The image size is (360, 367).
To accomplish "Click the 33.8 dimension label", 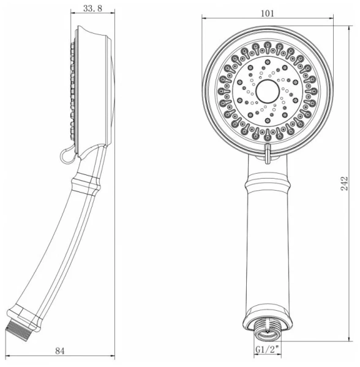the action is (92, 9).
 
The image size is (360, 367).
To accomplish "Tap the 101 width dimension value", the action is (268, 13).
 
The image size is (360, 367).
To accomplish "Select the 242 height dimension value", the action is (344, 183).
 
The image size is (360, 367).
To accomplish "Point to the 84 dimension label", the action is (60, 350).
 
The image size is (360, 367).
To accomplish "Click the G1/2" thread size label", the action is (268, 349).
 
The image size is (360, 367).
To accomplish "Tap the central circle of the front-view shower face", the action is (268, 91).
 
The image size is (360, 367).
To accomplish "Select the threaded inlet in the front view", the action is (268, 328).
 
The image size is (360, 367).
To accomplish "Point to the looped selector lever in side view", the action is (67, 155).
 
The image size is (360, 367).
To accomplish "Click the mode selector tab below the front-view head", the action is (268, 154).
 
